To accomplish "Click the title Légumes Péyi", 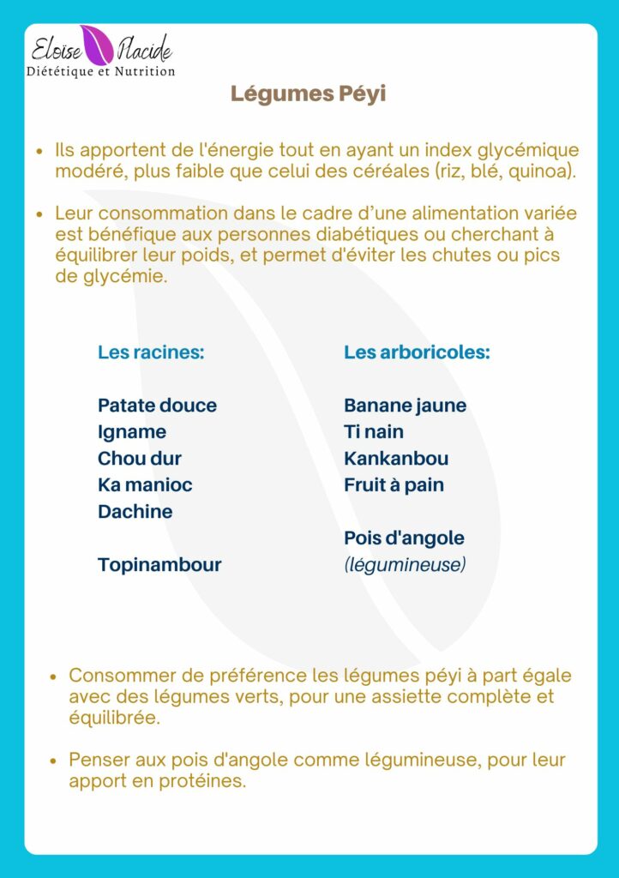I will [308, 93].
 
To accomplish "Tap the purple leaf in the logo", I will [95, 44].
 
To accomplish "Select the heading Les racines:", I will [151, 352].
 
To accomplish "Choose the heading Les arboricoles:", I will [417, 352].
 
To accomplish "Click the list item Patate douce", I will [157, 405].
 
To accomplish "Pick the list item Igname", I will [132, 431].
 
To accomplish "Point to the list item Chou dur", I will [140, 458].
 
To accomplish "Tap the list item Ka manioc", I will [145, 484].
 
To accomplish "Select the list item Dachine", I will [135, 511].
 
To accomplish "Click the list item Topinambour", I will [159, 564].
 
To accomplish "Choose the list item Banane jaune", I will [405, 405].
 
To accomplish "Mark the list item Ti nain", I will [374, 431].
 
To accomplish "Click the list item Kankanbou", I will [396, 458].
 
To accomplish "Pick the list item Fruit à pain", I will [394, 484].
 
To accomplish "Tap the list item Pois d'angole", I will [404, 538].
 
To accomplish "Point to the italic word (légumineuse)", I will [405, 564].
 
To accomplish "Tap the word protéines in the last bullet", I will [203, 781].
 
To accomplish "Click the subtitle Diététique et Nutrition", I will [101, 71].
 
